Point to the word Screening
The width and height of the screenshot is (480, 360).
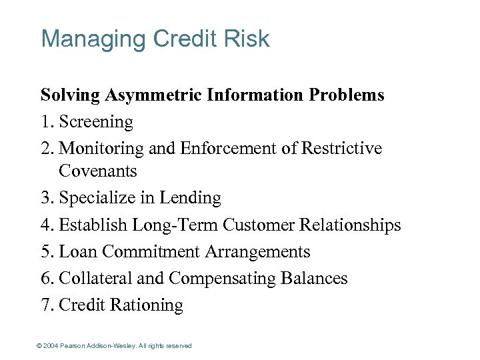96,122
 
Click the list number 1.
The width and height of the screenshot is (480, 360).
45,122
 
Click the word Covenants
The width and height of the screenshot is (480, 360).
97,171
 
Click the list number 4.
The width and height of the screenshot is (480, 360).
45,225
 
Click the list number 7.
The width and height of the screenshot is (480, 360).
45,305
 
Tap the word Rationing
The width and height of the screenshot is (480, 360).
146,305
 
